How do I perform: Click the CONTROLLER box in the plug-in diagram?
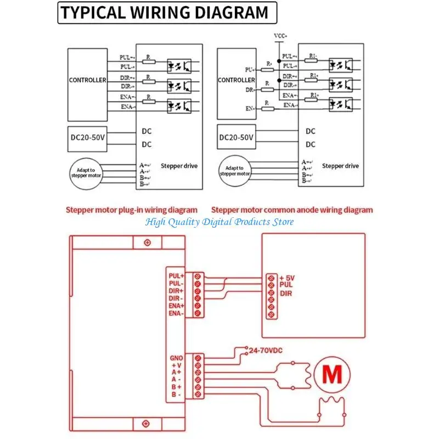coord(87,80)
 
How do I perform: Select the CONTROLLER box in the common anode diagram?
coord(236,80)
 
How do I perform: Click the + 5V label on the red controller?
coord(287,278)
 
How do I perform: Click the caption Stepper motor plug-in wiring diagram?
coord(132,210)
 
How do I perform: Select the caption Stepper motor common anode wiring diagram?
coord(292,210)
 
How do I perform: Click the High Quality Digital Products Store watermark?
coord(219,222)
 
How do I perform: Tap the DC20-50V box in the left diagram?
coord(87,138)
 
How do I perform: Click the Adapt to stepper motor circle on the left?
coord(87,173)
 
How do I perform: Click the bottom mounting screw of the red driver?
coord(147,423)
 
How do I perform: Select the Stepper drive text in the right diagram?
coord(340,166)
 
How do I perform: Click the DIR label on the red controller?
coord(286,294)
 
